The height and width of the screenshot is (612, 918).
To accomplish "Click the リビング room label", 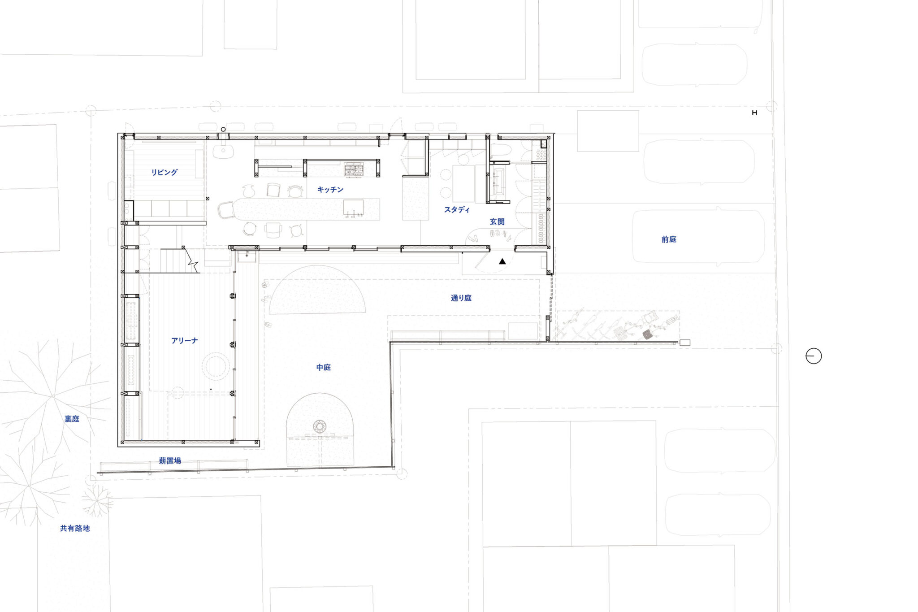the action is point(164,172).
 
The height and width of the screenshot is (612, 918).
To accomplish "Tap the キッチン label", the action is point(330,190).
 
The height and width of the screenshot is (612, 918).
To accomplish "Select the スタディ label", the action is point(457,209).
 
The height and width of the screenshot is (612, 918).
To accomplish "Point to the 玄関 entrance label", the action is point(497,221).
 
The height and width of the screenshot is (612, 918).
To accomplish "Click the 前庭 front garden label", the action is point(669,239).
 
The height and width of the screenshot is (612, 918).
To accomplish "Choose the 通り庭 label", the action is point(461,298).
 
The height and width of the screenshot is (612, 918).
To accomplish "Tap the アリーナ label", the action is point(184,341).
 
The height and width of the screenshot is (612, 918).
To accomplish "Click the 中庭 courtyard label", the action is point(324,368).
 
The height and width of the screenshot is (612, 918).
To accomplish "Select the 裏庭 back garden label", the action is point(72,419).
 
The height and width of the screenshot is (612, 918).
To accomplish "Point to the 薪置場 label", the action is point(170,460).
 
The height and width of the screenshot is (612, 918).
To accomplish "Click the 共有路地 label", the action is point(75,528).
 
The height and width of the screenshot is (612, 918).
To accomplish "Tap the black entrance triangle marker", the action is point(502,261).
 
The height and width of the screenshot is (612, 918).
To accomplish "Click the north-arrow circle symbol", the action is point(814,356).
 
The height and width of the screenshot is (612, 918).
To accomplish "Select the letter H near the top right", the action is point(754,113).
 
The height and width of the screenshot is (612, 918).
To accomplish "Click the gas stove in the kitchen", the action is point(354,169).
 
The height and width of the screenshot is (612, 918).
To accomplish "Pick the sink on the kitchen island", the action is point(353,208).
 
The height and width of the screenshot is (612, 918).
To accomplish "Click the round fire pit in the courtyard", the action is point(320,426).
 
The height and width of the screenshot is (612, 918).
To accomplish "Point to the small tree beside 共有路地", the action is point(96,500).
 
